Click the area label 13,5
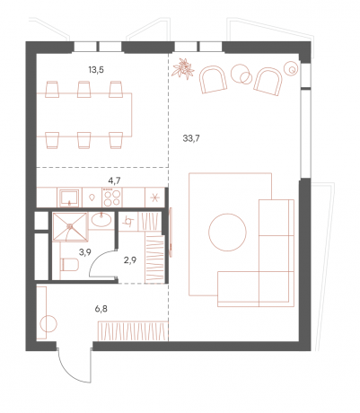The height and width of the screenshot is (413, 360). (96, 70)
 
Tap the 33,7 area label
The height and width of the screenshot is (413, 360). (191, 138)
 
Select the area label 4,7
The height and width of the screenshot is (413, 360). (115, 180)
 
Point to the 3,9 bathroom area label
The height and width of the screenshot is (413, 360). (85, 252)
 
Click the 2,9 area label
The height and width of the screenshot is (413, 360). (130, 260)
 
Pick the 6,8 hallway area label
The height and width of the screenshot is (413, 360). (101, 309)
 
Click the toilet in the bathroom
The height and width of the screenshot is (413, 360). (69, 265)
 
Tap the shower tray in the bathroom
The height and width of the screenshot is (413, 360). (70, 227)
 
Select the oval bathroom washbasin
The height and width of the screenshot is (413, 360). (101, 220)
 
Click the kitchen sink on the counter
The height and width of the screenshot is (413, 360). (69, 198)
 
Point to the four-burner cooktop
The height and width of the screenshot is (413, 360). (112, 198)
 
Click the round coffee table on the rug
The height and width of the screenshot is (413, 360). (227, 233)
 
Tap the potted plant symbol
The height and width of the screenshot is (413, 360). (183, 68)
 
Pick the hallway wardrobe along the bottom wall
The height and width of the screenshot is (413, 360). (133, 331)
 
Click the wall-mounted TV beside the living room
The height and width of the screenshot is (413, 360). (171, 233)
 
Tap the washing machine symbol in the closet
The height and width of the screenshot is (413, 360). (128, 222)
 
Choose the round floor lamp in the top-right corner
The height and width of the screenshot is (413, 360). (292, 69)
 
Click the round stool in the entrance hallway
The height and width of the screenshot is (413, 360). (48, 324)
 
